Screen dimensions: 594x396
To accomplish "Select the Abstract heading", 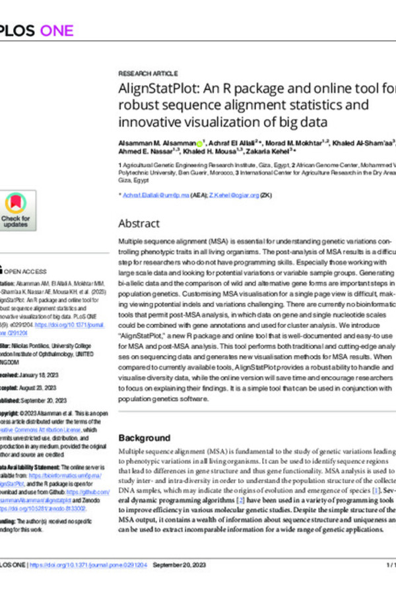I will point(139,223).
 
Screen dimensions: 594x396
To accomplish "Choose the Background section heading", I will point(144,438).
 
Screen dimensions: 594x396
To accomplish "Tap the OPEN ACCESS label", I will point(26,271).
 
